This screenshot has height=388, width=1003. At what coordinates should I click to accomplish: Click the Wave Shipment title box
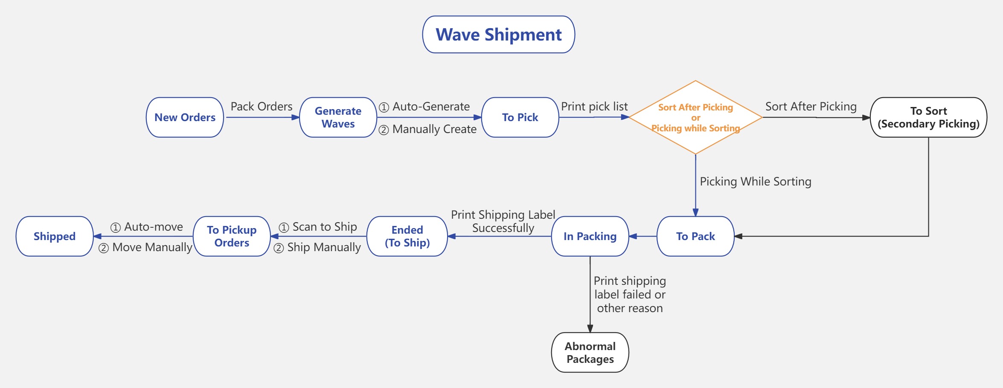(x=498, y=35)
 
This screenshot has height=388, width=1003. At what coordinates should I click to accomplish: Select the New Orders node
(x=185, y=117)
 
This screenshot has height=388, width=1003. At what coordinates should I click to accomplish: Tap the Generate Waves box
(x=338, y=117)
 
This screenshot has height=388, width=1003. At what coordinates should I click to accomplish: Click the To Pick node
(x=520, y=117)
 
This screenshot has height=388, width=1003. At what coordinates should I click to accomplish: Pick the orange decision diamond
(x=695, y=117)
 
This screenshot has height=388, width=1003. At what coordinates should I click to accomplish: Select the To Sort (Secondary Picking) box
(x=928, y=117)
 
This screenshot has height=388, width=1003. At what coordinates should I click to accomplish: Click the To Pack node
(x=695, y=236)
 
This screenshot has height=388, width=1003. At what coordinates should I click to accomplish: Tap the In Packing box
(x=590, y=236)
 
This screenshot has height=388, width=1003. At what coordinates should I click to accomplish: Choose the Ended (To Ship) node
(x=407, y=236)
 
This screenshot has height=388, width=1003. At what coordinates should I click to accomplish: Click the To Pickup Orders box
(x=232, y=236)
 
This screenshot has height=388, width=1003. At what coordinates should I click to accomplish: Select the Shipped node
(x=55, y=236)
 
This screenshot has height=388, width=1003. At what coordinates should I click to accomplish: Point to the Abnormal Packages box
(x=590, y=353)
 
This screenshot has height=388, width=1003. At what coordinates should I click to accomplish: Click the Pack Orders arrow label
(x=262, y=106)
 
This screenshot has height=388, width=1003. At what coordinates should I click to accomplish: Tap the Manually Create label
(x=434, y=129)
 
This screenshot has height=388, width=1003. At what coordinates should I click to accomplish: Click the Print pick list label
(x=594, y=106)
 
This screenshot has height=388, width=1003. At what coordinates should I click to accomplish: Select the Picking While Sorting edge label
(x=755, y=181)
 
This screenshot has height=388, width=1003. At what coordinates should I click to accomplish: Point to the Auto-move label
(x=153, y=227)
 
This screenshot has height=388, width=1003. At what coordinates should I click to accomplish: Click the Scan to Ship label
(x=324, y=227)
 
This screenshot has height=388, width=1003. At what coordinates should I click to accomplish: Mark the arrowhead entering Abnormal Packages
(x=590, y=329)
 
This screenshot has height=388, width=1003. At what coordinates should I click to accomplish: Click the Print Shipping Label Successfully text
(x=503, y=221)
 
